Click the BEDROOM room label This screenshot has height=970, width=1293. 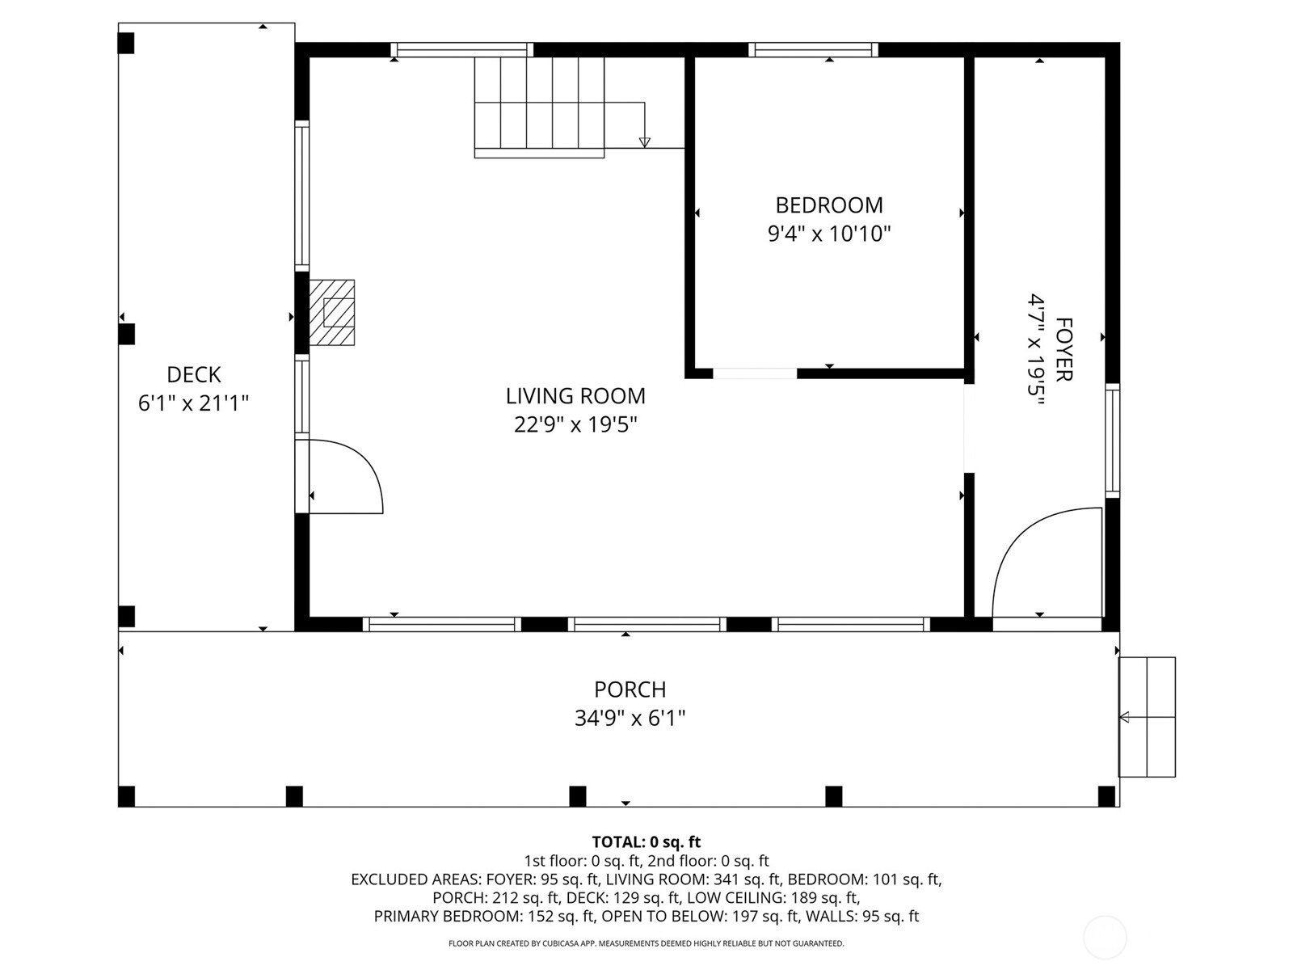coord(829,205)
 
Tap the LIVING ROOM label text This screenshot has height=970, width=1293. coord(575,396)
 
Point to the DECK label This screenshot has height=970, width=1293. coord(193,374)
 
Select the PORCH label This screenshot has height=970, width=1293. coord(630,689)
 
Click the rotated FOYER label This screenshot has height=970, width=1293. coord(1063,349)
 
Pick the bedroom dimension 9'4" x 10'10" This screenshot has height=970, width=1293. coord(829,234)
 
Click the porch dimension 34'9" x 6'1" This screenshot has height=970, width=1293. coord(630,718)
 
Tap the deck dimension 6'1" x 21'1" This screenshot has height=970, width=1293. coord(193,403)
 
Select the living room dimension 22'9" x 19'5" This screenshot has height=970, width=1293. coord(575,424)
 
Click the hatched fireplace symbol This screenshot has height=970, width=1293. coord(331,312)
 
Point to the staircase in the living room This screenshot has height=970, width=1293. coord(539,108)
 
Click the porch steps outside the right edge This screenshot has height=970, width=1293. coord(1147,717)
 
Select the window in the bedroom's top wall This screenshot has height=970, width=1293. coord(813,49)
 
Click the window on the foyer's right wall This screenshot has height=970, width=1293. coord(1112,440)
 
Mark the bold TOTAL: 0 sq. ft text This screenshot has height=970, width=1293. coord(646,841)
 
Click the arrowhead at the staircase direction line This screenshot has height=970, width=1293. coord(644,142)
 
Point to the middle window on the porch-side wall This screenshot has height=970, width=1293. coord(646,624)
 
